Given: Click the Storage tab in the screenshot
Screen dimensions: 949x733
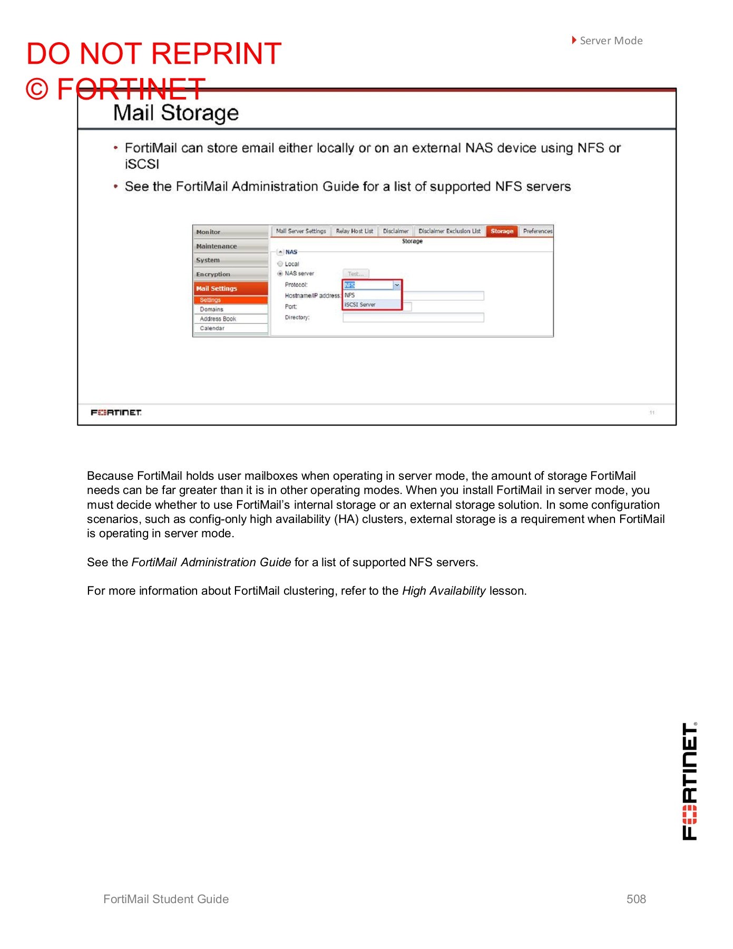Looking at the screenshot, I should (x=502, y=231).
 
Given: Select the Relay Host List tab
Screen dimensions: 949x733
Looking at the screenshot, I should (x=354, y=231).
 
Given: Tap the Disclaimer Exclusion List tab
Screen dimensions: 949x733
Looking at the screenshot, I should (x=449, y=231).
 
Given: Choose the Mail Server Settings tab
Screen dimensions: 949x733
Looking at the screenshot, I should (x=301, y=231).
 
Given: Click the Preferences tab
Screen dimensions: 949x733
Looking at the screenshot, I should (x=537, y=231).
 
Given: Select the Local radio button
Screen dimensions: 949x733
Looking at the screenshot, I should (x=280, y=264).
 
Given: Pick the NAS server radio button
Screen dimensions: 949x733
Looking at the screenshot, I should (x=280, y=273).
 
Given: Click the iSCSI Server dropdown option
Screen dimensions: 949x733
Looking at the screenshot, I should (x=360, y=305).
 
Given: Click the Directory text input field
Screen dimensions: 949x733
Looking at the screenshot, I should (x=413, y=317).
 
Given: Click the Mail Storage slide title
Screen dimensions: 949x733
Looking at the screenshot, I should (x=176, y=113).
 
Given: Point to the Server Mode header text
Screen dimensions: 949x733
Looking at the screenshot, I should (x=611, y=41).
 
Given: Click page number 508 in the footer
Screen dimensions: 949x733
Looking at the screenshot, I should (x=636, y=899).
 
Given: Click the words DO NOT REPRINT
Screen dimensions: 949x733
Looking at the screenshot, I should (x=154, y=54).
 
